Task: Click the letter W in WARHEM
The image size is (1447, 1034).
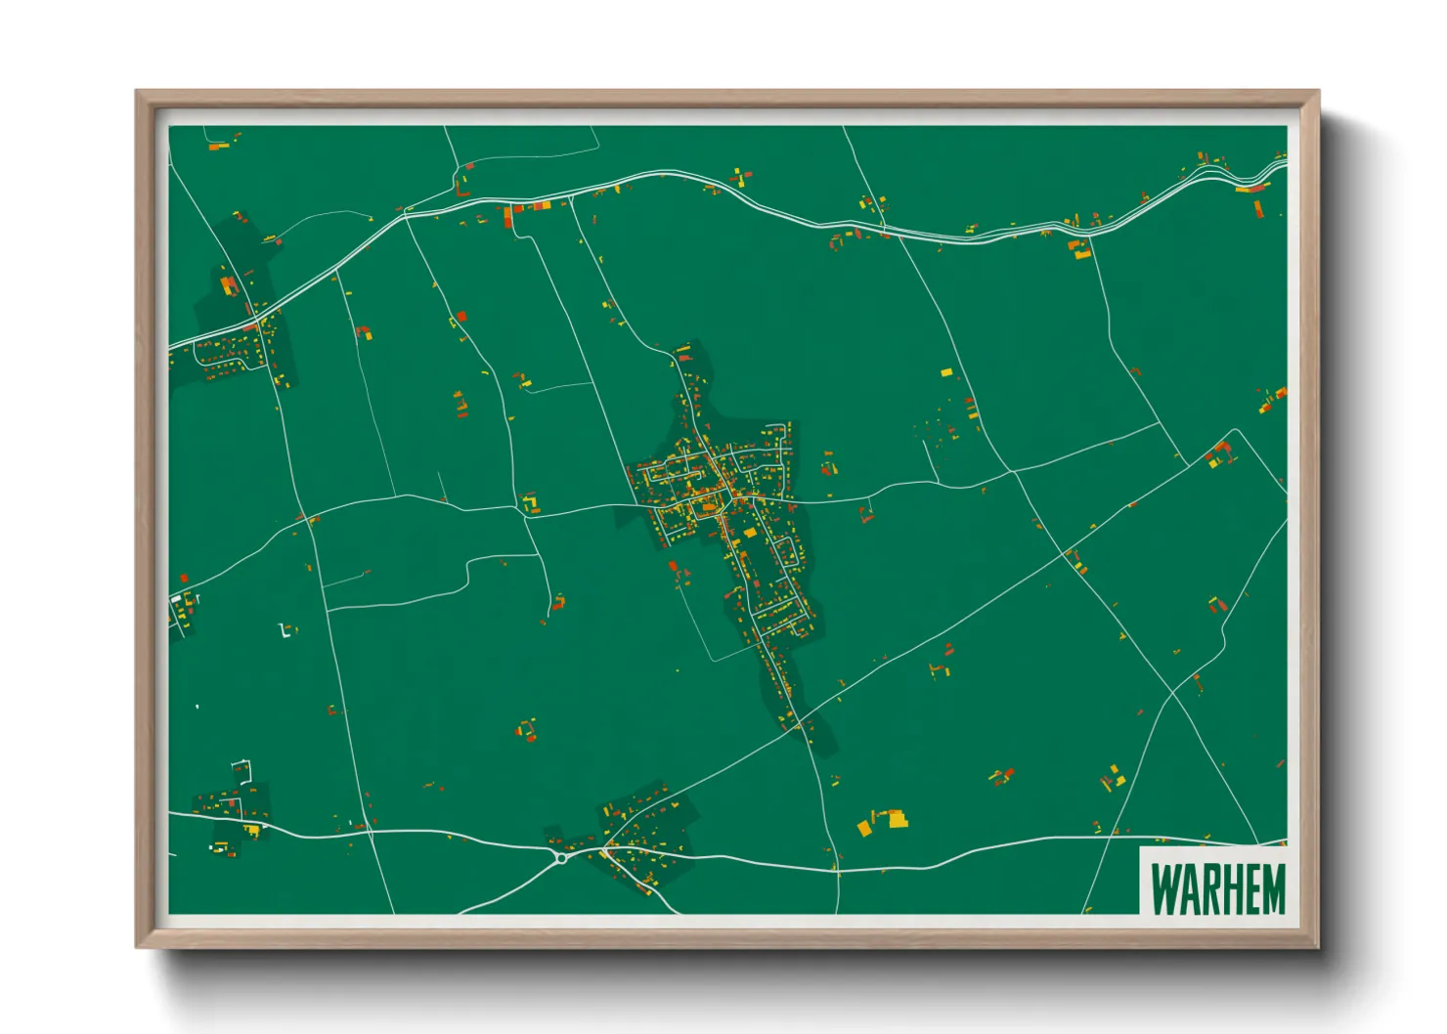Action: [1165, 889]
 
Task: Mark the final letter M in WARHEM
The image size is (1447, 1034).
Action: [1274, 889]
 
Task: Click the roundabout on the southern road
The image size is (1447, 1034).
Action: [561, 858]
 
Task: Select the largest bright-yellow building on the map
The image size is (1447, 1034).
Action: [896, 818]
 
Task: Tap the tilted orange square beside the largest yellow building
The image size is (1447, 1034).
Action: [864, 828]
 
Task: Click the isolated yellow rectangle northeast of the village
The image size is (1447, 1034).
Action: [945, 372]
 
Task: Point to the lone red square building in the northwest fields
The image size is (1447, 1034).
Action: [461, 317]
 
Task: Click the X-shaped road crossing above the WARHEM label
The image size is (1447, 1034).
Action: [1171, 694]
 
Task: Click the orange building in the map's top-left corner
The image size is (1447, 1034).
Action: [219, 147]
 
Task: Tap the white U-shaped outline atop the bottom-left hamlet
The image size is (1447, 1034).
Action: [243, 769]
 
